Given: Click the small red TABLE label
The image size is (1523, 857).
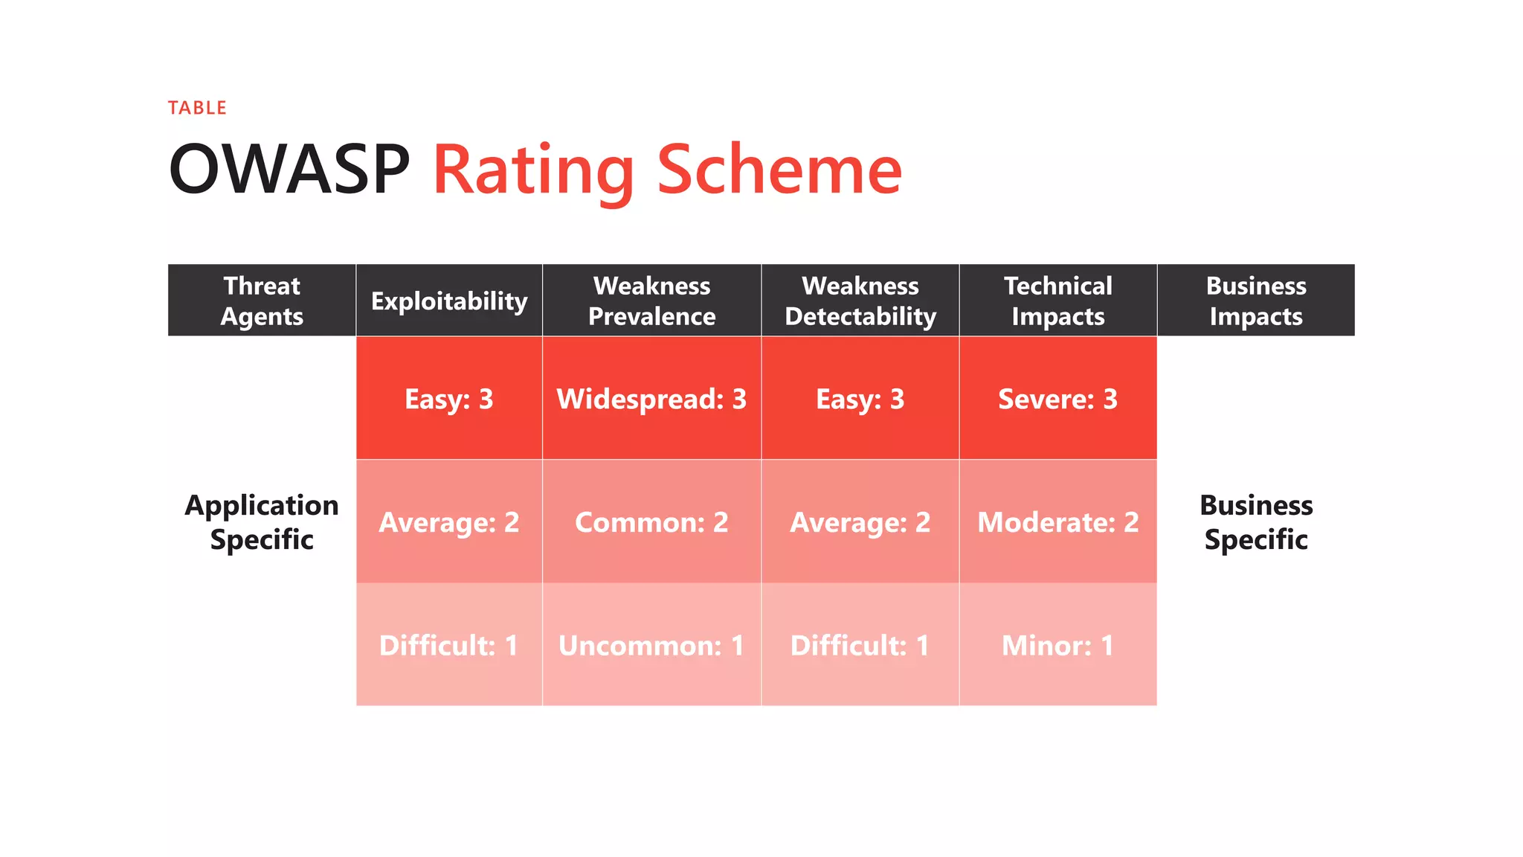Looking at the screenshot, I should coord(197,108).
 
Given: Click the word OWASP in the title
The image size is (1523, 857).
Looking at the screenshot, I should coord(289,170).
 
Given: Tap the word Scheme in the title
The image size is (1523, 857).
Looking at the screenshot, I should coord(779,170).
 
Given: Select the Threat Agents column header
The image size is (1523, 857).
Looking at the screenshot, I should coord(262,301).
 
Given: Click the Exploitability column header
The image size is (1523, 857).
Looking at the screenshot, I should coord(449,301).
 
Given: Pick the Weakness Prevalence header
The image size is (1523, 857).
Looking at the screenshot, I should coord(651,301).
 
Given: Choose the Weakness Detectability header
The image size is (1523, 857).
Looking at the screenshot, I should coord(860,301).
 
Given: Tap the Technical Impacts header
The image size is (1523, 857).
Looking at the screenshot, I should coord(1057,301).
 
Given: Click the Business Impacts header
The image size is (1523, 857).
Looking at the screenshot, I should coord(1256,301).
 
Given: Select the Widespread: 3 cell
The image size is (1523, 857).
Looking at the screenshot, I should coord(651,399).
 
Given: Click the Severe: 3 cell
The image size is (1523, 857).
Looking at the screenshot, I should coord(1057,399).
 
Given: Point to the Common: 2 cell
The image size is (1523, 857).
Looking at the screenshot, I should coord(651,522).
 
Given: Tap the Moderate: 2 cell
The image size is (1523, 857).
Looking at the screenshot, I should coord(1057,522).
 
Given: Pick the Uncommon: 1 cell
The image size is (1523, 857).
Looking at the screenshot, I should coord(651,645).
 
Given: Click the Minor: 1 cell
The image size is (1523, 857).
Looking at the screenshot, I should coord(1057,645).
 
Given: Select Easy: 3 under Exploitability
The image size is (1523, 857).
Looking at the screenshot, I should coord(449,399).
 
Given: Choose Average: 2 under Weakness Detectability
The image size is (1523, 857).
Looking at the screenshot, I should coord(860,522).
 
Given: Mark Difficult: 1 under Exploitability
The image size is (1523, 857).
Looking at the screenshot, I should coord(449,645).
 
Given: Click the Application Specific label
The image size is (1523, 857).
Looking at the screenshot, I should coord(262,522).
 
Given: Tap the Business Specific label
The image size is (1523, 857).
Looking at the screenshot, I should coord(1256,522).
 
